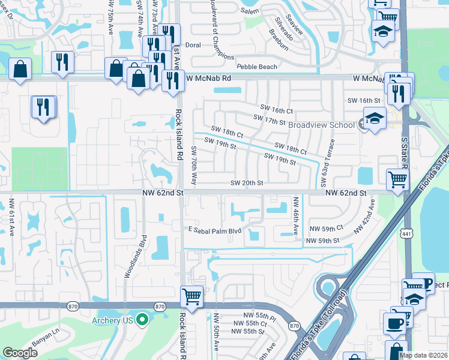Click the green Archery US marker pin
coord(142,319)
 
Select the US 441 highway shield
coord(408,235)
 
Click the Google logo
coord(20,353)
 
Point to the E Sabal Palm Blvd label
coord(215,230)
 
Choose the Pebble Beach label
coord(257,67)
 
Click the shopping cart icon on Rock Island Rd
coord(191,296)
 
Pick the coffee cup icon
coord(394,323)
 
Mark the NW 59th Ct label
coord(326,229)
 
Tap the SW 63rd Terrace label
coord(330,158)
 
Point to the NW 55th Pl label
coord(259,315)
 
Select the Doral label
coord(193,45)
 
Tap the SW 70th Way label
coord(194,164)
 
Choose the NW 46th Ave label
coord(295,212)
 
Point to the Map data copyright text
coord(424,355)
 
